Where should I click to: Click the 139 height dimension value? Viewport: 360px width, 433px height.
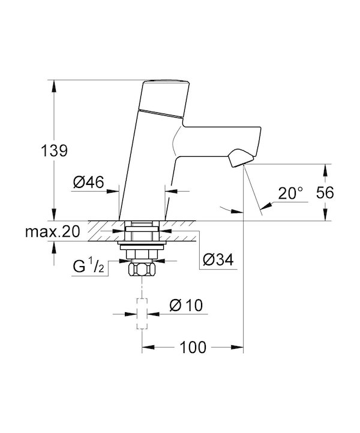tap(54, 151)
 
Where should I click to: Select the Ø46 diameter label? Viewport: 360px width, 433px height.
tap(89, 182)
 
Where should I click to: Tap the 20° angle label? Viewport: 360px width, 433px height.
tap(290, 193)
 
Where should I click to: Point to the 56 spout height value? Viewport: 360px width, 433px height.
tap(325, 192)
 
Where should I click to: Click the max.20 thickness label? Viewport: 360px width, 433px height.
tap(52, 231)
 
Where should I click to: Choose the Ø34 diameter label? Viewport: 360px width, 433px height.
tap(218, 259)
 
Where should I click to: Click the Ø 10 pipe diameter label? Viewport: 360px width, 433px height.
tap(186, 305)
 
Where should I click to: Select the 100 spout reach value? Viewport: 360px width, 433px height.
tap(193, 347)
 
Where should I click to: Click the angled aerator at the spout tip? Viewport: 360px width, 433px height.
tap(241, 158)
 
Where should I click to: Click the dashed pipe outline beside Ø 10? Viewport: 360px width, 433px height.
tap(142, 313)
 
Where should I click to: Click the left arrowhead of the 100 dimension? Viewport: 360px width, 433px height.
tap(148, 347)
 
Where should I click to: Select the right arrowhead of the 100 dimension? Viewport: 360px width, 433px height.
tap(237, 347)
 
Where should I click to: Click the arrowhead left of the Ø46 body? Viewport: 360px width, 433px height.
tap(113, 191)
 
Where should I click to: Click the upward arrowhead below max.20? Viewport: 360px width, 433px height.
tap(54, 248)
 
